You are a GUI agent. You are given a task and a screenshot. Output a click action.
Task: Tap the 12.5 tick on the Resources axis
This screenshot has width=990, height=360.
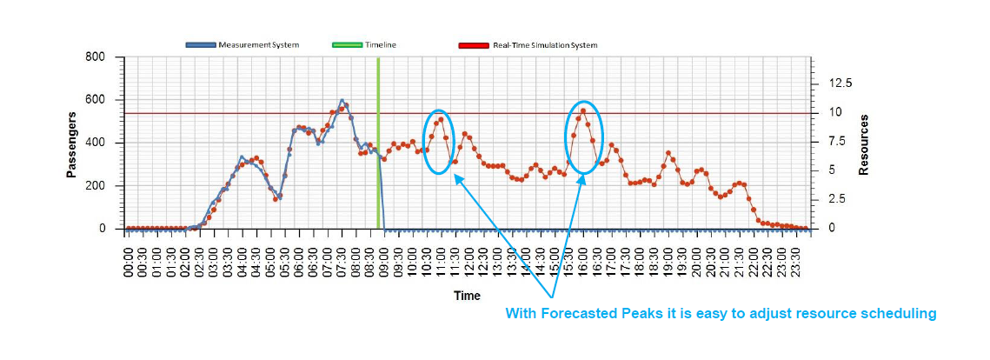(x=841, y=83)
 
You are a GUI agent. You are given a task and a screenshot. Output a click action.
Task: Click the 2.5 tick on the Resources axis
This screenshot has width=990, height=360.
(x=837, y=199)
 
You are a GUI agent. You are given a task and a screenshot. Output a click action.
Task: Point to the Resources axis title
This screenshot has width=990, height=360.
(x=863, y=144)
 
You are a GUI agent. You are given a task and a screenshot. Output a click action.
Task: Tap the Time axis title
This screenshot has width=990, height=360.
(x=466, y=296)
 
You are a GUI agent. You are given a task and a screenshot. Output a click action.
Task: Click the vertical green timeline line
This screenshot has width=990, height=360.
(x=378, y=139)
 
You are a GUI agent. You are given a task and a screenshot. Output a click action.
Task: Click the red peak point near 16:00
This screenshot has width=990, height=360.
(x=582, y=110)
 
